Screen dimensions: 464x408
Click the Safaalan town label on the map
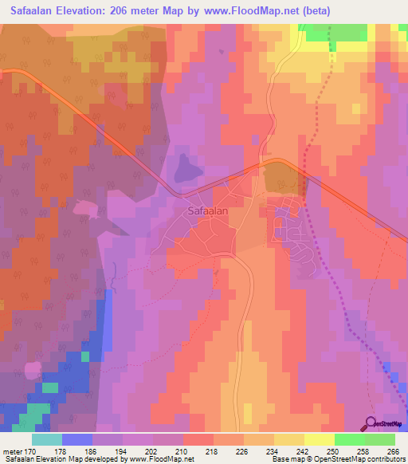pos(210,212)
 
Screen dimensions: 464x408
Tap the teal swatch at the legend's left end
pos(47,439)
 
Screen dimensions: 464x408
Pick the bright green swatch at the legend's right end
pos(379,439)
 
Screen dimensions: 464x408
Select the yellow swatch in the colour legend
pos(319,439)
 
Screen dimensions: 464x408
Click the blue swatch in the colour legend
pos(77,439)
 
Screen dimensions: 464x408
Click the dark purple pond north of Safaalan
pos(186,168)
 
